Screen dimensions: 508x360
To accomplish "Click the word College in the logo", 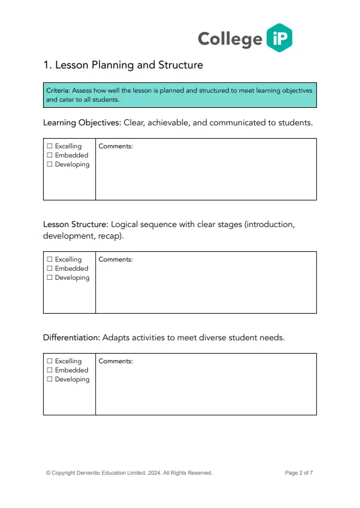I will pyautogui.click(x=230, y=39).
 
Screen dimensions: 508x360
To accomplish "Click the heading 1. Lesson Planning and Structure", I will pyautogui.click(x=123, y=65).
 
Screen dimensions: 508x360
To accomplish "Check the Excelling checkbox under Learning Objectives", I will pyautogui.click(x=50, y=147).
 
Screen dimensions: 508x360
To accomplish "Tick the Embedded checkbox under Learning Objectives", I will pyautogui.click(x=50, y=156).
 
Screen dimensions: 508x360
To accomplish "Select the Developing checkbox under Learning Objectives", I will pyautogui.click(x=50, y=165).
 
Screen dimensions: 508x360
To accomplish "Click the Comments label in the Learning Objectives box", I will pyautogui.click(x=116, y=147).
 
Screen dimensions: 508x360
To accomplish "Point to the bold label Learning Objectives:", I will pyautogui.click(x=82, y=123).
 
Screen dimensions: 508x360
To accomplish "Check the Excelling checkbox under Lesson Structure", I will pyautogui.click(x=50, y=260).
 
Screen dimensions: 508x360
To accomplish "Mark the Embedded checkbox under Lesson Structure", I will pyautogui.click(x=50, y=269).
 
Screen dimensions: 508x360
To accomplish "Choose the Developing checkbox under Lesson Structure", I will pyautogui.click(x=50, y=278).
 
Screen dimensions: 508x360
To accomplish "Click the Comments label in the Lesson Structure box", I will pyautogui.click(x=116, y=260).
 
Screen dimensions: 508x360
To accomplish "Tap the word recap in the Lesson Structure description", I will pyautogui.click(x=109, y=236).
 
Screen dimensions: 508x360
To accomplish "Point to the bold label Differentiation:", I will pyautogui.click(x=72, y=337).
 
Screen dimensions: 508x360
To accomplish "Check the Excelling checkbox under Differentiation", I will pyautogui.click(x=50, y=361).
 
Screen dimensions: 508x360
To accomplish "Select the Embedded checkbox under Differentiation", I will pyautogui.click(x=50, y=371).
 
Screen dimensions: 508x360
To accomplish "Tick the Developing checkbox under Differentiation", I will pyautogui.click(x=50, y=380).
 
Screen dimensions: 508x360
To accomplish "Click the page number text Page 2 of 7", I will pyautogui.click(x=299, y=473).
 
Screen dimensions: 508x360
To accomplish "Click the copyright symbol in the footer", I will pyautogui.click(x=48, y=473).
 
